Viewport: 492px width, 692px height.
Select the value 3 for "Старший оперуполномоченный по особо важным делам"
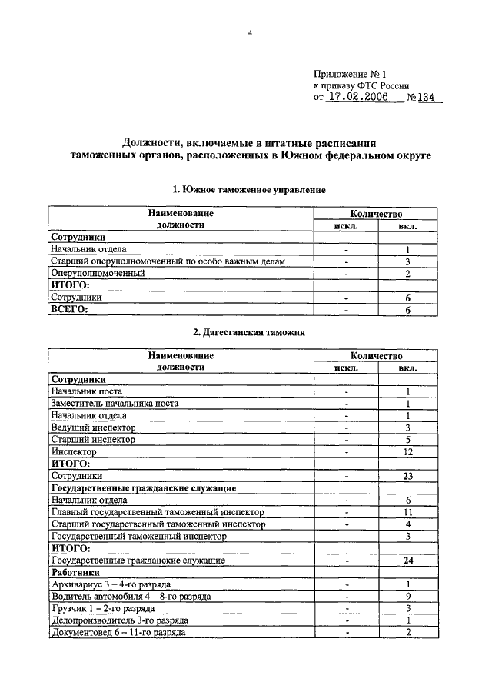(x=408, y=261)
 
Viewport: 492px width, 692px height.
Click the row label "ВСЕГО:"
(x=69, y=309)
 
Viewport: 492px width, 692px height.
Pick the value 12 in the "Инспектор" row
(x=408, y=452)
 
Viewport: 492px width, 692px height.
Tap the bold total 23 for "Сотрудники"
(x=408, y=477)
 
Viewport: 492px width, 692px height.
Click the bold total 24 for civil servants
(x=408, y=561)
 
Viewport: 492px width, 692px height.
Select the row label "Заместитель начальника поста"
(x=115, y=404)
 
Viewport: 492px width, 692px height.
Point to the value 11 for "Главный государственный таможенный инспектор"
(x=408, y=513)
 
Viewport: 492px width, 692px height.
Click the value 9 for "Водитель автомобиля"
(x=408, y=597)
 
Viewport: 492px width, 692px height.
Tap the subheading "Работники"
(x=75, y=573)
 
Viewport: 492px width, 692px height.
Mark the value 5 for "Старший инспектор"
(x=408, y=440)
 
